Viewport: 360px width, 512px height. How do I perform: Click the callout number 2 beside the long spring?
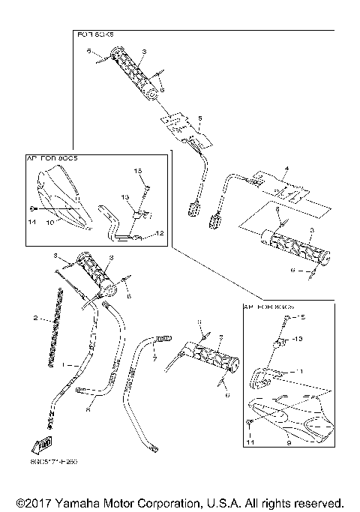point(35,319)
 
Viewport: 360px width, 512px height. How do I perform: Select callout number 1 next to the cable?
point(65,364)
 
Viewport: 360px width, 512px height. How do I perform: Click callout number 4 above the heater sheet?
point(286,169)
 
